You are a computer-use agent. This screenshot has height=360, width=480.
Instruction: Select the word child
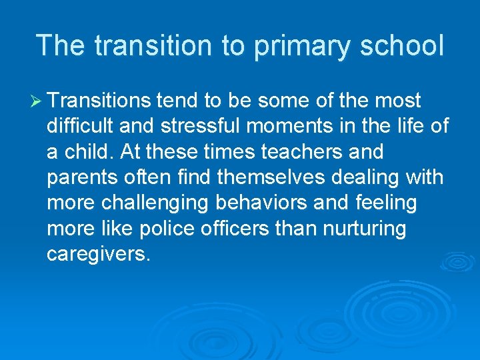87,151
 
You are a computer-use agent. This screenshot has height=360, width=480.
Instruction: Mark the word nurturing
366,228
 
